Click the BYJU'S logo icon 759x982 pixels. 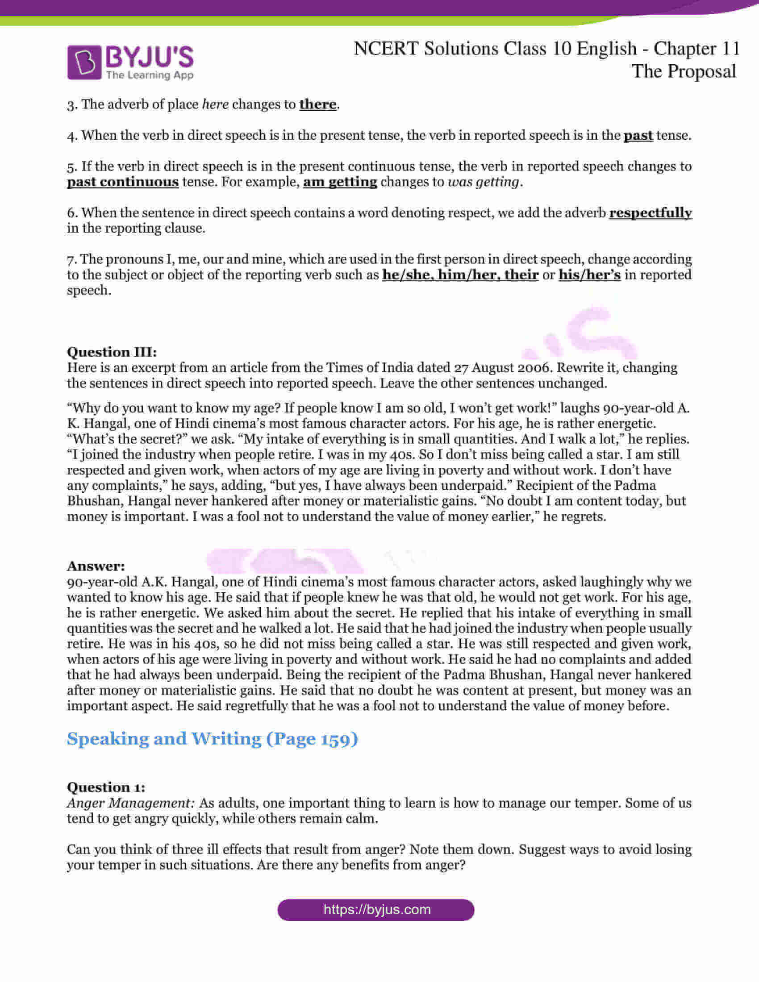click(x=84, y=62)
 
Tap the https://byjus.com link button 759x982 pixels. click(x=376, y=910)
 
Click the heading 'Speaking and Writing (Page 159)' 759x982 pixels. click(x=212, y=739)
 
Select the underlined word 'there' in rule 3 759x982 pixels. click(x=317, y=104)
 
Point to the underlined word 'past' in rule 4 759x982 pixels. click(x=638, y=135)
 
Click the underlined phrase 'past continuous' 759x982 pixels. click(x=123, y=182)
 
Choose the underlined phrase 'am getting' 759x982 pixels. click(x=340, y=182)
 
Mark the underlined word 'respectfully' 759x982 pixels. click(x=650, y=212)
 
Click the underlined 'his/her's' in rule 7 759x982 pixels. click(x=589, y=275)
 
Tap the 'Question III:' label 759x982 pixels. click(x=112, y=352)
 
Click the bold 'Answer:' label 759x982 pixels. click(x=96, y=566)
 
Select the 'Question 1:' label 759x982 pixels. click(x=106, y=787)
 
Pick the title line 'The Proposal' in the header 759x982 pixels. click(x=684, y=71)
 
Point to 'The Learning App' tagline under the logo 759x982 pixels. click(x=150, y=75)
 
